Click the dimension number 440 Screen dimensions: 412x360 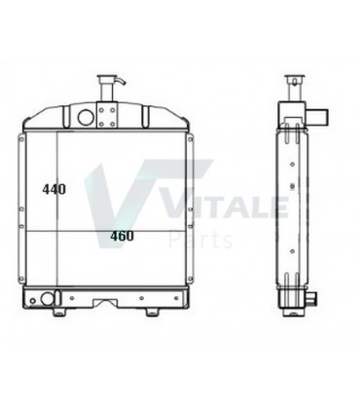[54, 190]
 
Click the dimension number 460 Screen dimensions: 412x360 [122, 236]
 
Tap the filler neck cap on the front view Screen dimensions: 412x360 [106, 79]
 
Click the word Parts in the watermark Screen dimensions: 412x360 [201, 238]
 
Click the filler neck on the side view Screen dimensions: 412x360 [293, 83]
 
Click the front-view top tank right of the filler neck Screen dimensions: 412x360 [146, 115]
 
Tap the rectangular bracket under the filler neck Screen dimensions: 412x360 [106, 117]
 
